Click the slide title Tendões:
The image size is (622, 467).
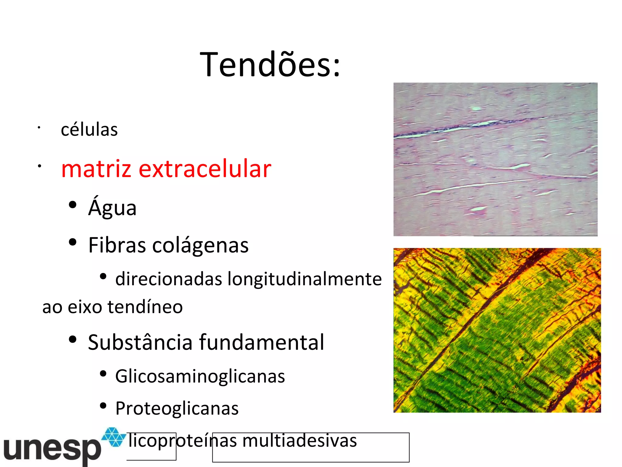click(270, 65)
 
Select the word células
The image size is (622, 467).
click(89, 130)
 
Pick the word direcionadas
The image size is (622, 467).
click(169, 279)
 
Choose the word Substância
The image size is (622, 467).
click(140, 342)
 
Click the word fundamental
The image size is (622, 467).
click(261, 342)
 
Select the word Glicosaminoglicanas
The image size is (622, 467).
click(200, 376)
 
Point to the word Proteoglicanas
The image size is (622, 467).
click(177, 408)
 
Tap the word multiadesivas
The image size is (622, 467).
click(299, 441)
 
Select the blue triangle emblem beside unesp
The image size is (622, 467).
click(114, 437)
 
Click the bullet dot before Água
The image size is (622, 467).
click(73, 205)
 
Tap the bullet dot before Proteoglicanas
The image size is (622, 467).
click(103, 406)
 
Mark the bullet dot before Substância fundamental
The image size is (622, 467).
click(73, 339)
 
